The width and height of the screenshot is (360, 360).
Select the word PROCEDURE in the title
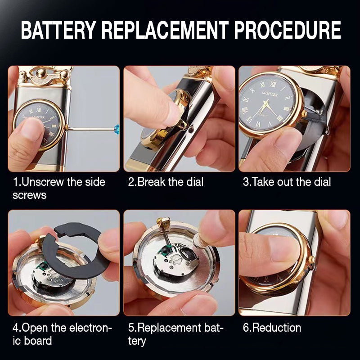[288, 31]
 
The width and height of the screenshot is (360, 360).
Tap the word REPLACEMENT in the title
[164, 31]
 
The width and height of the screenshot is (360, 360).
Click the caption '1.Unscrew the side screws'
[58, 188]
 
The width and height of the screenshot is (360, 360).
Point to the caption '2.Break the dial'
[166, 182]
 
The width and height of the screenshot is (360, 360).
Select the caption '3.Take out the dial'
[287, 182]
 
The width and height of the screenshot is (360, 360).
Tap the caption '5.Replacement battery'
[175, 333]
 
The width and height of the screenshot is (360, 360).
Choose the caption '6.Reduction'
[272, 327]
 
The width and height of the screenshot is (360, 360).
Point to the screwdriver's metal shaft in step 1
[90, 129]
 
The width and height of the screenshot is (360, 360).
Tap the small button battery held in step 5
[198, 243]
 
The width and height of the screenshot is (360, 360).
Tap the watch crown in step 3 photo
[304, 114]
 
